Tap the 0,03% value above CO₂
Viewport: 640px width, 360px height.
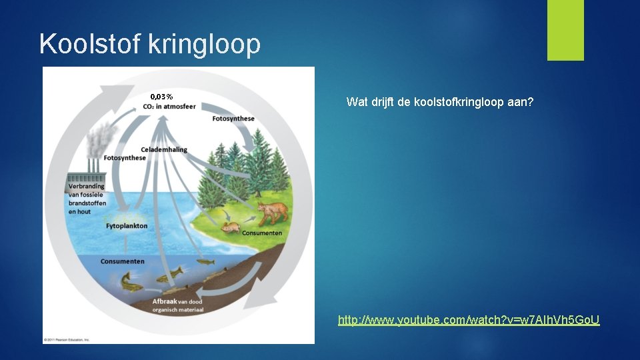tap(161, 97)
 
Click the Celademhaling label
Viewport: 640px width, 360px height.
tap(164, 150)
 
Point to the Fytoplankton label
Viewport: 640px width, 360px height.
tap(127, 226)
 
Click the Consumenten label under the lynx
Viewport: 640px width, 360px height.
tap(262, 233)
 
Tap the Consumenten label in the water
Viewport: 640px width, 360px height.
tap(123, 261)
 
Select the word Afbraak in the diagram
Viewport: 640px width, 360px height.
tap(165, 301)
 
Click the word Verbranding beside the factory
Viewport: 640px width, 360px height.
tap(87, 186)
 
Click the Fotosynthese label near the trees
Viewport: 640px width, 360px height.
tap(233, 119)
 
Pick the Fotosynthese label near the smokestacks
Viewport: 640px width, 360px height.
tap(125, 159)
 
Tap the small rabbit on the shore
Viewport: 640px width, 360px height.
tap(231, 228)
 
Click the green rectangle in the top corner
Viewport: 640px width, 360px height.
tap(565, 30)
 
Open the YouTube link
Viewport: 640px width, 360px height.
tap(469, 321)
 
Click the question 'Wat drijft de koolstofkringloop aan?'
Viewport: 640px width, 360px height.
tap(440, 103)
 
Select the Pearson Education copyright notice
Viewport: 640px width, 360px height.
tap(67, 339)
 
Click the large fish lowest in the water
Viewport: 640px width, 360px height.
tap(131, 281)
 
